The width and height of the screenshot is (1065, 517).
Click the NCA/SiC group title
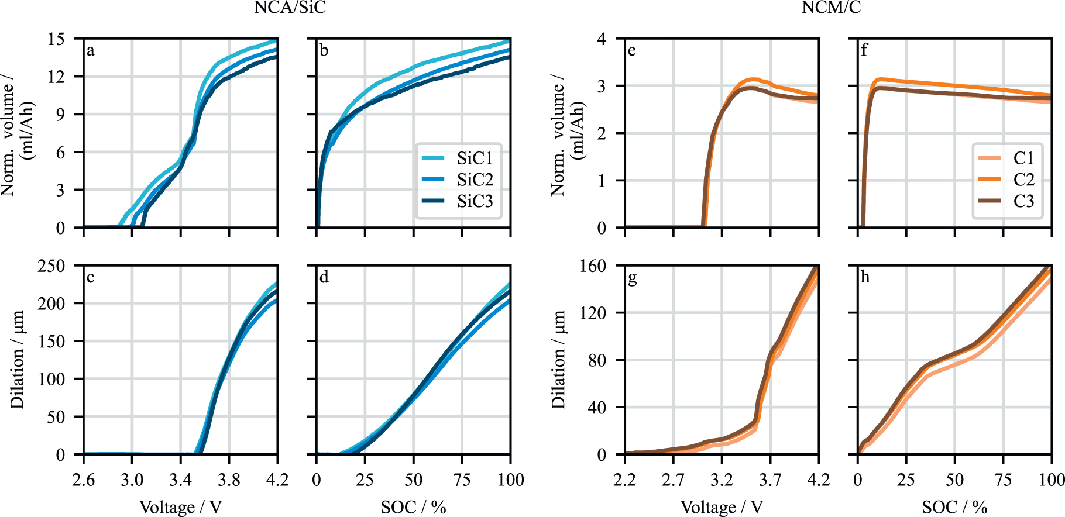[290, 8]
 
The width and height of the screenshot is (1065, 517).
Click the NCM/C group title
[830, 8]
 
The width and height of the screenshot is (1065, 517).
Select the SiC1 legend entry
[475, 158]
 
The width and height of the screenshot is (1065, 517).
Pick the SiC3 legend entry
[475, 201]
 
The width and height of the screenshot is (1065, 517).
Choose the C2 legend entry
[1023, 180]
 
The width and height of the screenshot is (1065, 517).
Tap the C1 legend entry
[1023, 158]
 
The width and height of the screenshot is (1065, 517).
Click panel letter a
[91, 50]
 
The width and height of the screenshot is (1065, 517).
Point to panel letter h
[865, 277]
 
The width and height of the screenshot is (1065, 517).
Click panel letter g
[632, 278]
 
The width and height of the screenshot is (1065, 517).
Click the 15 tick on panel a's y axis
[56, 39]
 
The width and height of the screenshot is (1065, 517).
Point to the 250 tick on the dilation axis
[51, 266]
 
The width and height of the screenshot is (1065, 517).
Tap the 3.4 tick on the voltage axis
[180, 480]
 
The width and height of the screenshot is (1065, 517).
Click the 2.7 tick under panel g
[673, 480]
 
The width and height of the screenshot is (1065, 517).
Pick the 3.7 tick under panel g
[770, 480]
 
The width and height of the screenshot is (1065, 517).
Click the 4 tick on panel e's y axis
[602, 39]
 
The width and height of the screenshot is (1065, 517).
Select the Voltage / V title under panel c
[180, 507]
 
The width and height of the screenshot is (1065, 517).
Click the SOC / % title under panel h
[954, 507]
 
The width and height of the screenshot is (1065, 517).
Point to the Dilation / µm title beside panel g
[559, 360]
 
